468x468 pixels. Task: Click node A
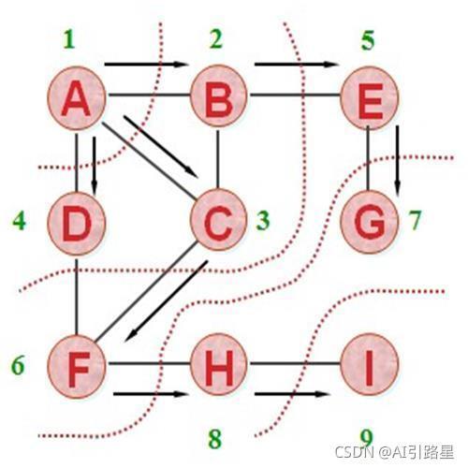[77, 98]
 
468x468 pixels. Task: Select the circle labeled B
[219, 95]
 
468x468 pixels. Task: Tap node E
[369, 97]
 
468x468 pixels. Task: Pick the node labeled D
[77, 224]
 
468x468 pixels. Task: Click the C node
[218, 220]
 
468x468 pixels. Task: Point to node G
[369, 222]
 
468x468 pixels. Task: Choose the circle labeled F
[77, 367]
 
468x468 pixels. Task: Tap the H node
[219, 364]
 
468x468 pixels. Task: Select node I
[369, 364]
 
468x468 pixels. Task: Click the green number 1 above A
[69, 39]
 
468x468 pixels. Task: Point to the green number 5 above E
[368, 40]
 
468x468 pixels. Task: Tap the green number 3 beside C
[263, 221]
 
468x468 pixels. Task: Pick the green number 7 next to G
[415, 220]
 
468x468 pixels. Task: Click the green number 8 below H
[215, 439]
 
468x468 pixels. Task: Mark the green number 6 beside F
[18, 365]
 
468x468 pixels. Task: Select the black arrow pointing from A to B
[145, 65]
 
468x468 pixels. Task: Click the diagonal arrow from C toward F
[166, 301]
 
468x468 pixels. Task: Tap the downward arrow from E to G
[397, 162]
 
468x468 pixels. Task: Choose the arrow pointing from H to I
[292, 394]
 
